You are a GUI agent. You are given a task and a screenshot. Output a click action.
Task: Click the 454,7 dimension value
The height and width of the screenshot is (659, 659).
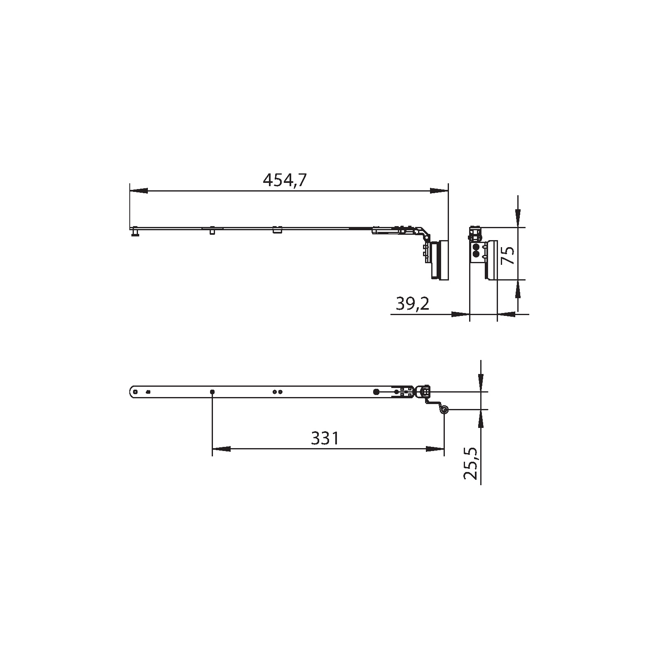coord(285,180)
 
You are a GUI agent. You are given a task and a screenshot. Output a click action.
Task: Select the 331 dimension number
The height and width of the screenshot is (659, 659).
coord(325,439)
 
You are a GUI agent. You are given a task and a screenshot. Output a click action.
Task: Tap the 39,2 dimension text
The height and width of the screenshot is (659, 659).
coord(413,304)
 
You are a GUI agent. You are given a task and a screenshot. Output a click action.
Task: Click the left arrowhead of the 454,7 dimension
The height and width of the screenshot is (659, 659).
coord(139,191)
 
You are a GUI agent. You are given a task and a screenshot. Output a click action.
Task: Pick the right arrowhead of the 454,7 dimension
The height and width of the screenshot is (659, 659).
coord(439,191)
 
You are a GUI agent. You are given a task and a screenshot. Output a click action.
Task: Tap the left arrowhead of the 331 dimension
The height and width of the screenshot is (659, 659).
coord(221,449)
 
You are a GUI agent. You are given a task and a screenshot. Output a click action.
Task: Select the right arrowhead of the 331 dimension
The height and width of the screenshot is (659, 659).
coord(435,449)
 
